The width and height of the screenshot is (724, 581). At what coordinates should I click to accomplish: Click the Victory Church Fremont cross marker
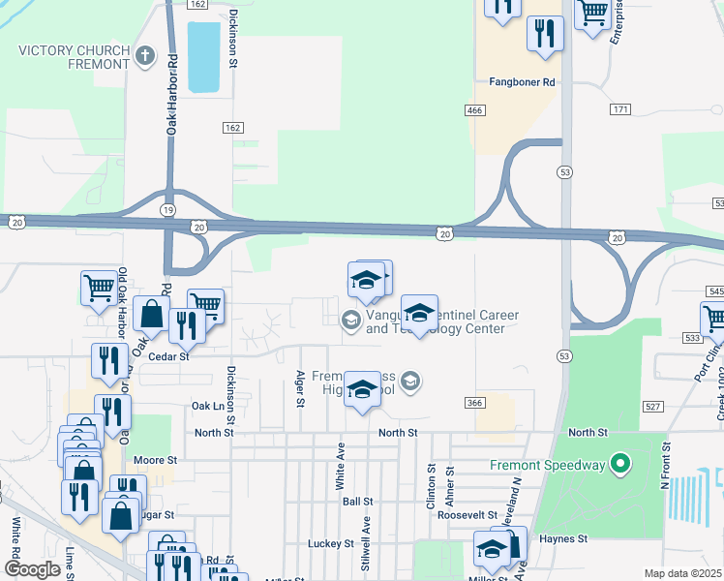146,55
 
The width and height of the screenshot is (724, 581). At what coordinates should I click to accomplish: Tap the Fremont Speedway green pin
618,465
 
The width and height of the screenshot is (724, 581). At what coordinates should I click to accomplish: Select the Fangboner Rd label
522,83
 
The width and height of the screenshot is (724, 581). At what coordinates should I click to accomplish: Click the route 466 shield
474,111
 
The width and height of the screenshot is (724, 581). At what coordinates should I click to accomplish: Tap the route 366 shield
474,402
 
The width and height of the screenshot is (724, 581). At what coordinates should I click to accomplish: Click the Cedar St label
167,356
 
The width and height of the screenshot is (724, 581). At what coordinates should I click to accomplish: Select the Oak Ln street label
206,406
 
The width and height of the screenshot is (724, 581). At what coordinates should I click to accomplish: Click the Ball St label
357,502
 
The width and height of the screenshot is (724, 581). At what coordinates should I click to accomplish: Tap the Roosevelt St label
467,515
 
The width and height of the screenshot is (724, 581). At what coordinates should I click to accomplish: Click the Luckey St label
331,544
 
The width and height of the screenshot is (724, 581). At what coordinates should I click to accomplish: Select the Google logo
32,569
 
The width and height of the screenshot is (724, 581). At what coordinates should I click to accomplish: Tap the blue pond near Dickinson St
202,57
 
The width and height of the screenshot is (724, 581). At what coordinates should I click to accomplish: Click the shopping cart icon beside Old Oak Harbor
99,288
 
